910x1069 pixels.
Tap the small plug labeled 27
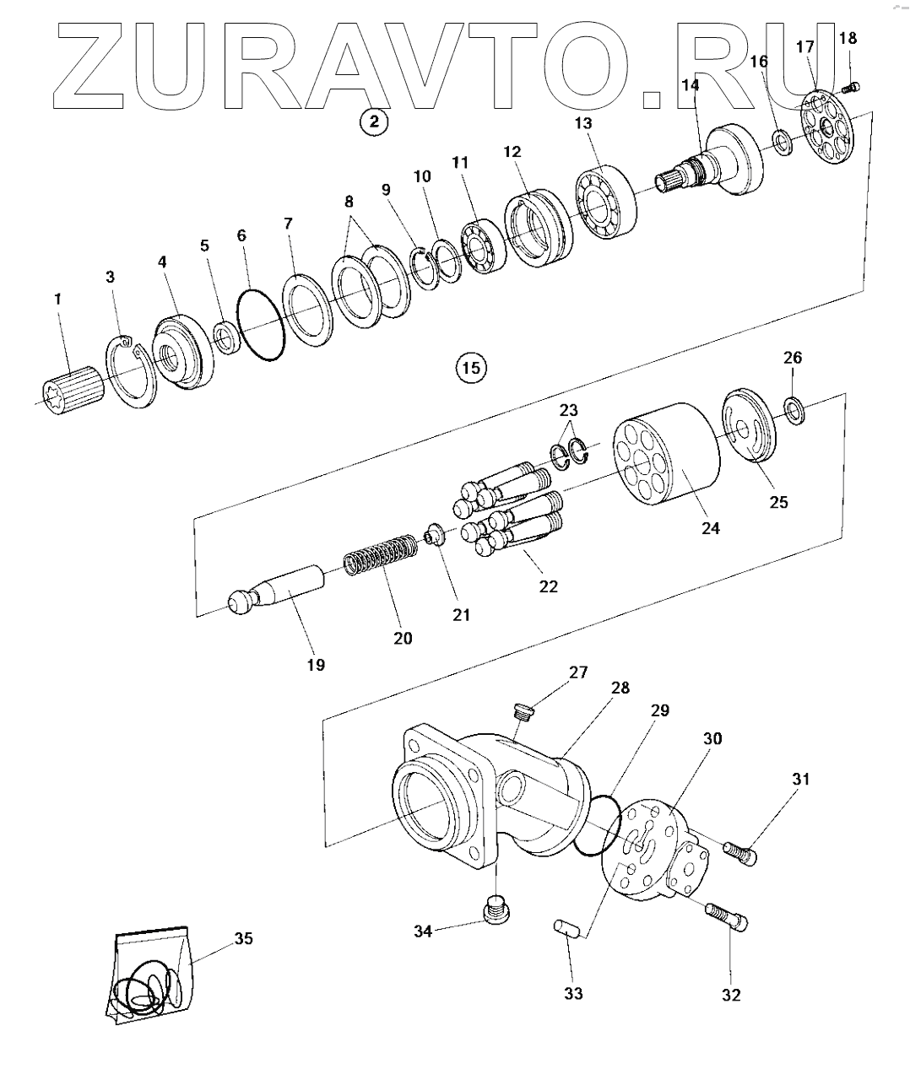tap(524, 713)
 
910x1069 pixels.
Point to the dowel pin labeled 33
tap(566, 928)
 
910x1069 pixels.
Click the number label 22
tap(549, 586)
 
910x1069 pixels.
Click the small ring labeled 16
tap(783, 142)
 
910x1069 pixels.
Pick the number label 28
tap(620, 688)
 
